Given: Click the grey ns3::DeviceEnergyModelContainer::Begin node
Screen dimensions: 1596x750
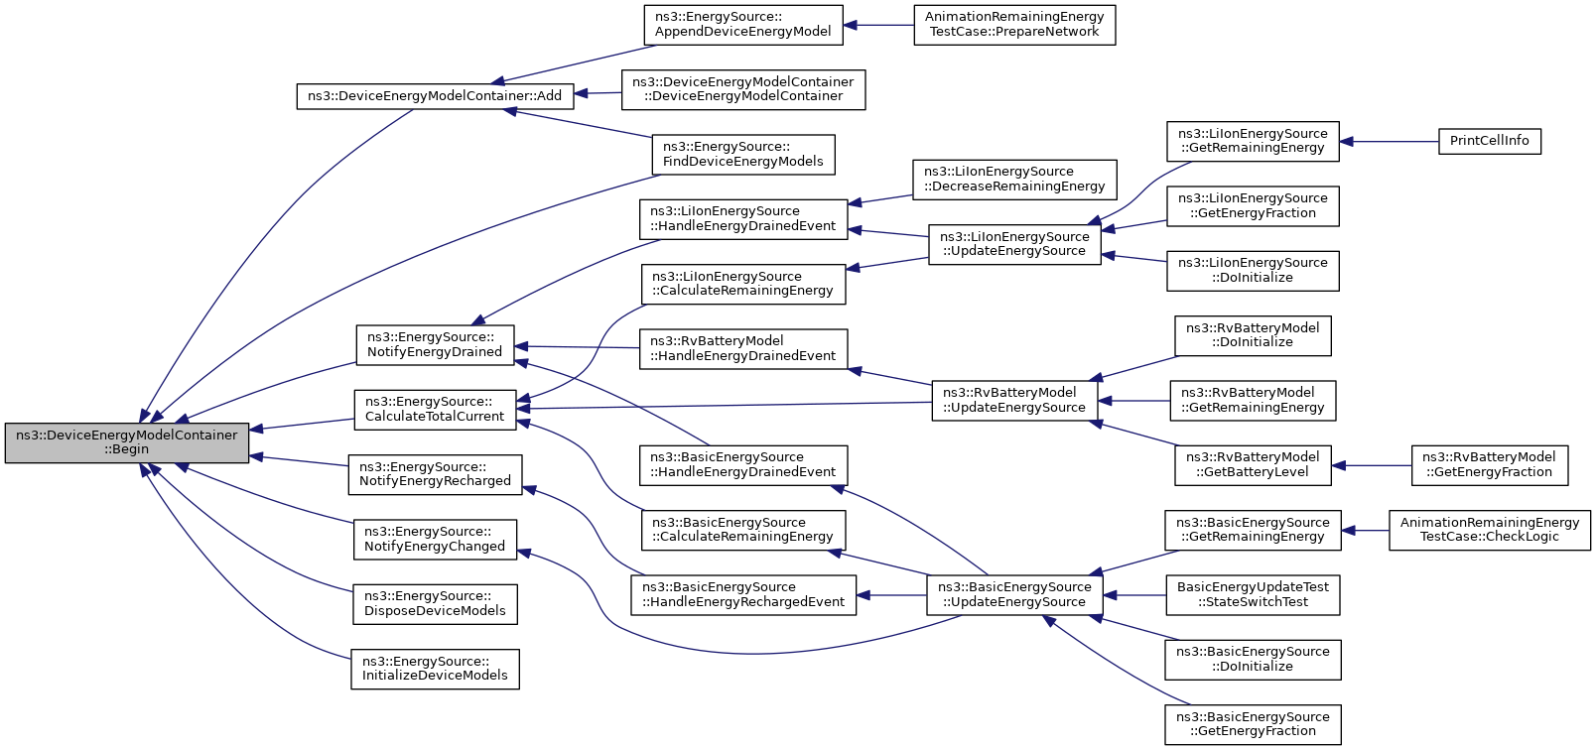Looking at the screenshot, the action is click(x=127, y=442).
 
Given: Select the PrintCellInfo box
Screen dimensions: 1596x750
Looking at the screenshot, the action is click(x=1489, y=141).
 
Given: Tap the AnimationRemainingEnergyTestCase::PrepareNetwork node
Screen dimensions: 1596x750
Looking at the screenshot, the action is click(x=1014, y=25).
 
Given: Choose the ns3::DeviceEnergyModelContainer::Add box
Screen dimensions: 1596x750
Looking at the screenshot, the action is click(x=435, y=96).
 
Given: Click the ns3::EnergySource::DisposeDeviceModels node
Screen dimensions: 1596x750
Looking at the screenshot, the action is click(x=435, y=604).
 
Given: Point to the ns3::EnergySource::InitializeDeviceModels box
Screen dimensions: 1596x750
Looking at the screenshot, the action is click(x=435, y=669).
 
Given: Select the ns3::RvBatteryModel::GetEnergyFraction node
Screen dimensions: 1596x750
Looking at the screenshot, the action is click(x=1489, y=465).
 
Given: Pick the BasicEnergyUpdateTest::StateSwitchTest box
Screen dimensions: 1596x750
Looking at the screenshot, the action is click(x=1253, y=594).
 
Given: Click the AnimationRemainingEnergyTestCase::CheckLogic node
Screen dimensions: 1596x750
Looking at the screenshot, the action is click(x=1489, y=530).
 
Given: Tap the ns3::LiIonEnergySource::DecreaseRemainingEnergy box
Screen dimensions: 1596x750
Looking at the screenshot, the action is click(x=1014, y=180).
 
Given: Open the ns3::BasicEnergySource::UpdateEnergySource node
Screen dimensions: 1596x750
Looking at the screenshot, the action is click(x=1014, y=594).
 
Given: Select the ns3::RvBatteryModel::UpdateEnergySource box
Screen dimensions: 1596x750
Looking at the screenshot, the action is click(x=1014, y=400).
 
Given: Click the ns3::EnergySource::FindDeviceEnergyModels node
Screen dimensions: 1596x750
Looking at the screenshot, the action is click(x=743, y=155).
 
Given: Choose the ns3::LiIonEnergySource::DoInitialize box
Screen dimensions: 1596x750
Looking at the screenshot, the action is click(x=1253, y=271).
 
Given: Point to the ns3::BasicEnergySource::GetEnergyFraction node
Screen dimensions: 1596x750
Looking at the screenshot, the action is click(x=1253, y=725).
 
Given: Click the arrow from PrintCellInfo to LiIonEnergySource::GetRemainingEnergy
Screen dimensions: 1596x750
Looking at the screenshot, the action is click(x=1389, y=142).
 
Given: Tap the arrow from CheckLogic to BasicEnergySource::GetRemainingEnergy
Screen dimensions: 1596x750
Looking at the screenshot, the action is click(x=1365, y=530).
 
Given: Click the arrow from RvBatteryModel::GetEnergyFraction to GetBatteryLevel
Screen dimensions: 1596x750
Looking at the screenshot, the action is click(x=1372, y=465).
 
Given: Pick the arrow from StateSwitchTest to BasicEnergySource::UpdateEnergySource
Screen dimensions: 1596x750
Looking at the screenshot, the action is click(x=1135, y=594).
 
